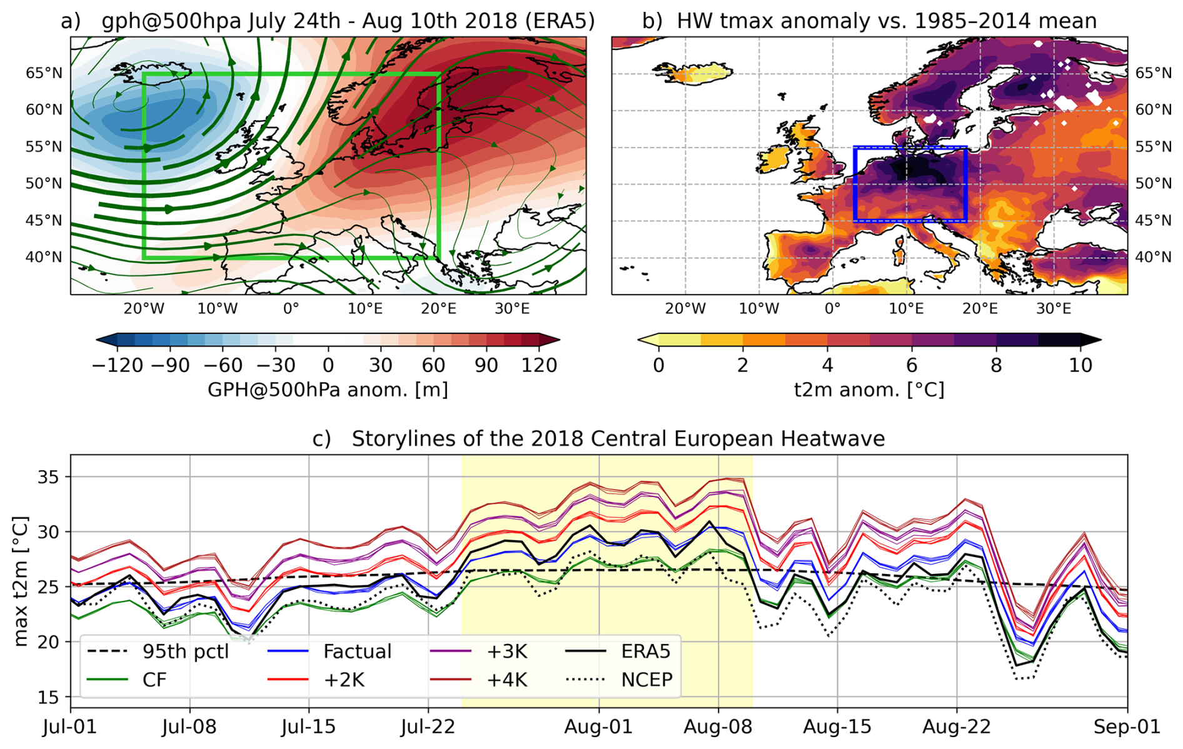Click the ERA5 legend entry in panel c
(645, 651)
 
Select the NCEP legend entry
(647, 680)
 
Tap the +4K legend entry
(506, 680)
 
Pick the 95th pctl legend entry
(185, 651)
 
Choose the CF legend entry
(154, 680)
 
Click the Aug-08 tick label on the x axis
(718, 727)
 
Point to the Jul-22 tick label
(428, 727)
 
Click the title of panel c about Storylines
(598, 439)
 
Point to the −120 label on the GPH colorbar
(118, 365)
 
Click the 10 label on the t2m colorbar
(1080, 365)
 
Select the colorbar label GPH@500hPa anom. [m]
(328, 390)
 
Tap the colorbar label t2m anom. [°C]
(869, 390)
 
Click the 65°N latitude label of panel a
(44, 73)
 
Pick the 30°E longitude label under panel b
(1054, 308)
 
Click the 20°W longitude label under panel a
(144, 308)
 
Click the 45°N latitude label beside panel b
(1153, 221)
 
